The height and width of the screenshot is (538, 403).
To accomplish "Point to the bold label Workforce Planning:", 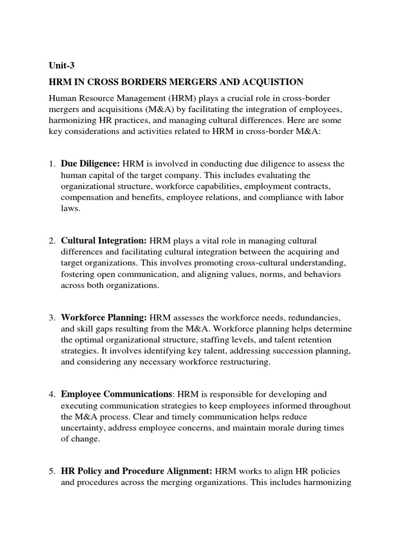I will point(104,317).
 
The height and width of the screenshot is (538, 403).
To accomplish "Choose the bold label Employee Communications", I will point(116,394).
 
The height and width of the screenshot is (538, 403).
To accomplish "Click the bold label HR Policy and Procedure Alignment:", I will point(137,471).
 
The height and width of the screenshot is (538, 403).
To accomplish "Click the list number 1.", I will point(52,164).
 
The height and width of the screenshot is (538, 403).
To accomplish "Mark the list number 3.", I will point(52,318).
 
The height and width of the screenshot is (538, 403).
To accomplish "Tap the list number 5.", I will point(52,471).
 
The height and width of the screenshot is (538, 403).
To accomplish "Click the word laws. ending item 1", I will point(70,208).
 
